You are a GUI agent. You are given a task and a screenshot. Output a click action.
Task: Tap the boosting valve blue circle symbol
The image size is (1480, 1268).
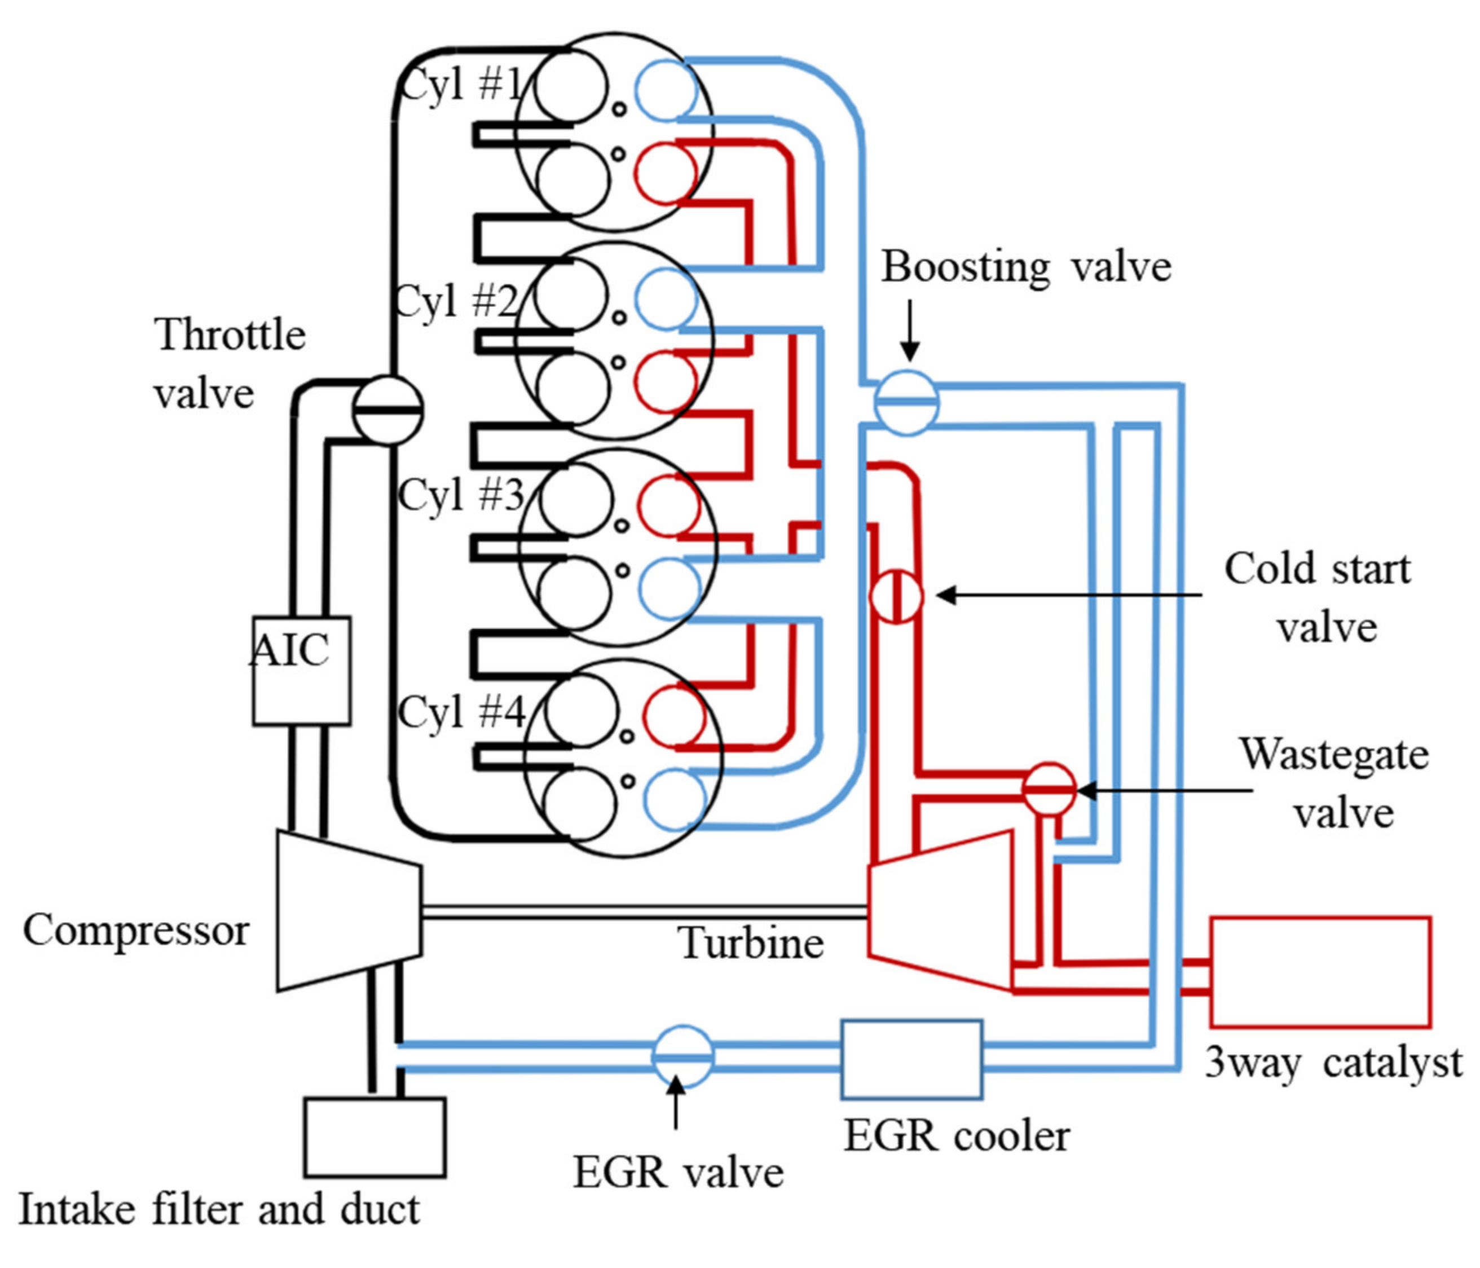(x=906, y=402)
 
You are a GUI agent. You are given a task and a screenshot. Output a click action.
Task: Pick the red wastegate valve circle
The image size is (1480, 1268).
(x=1049, y=789)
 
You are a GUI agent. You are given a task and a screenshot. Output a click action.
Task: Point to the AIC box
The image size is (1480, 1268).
(x=301, y=670)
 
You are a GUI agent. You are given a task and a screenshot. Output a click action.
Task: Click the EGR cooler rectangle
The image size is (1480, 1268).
(x=911, y=1059)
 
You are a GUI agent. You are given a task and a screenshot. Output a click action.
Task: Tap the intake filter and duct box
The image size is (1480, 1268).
(x=375, y=1137)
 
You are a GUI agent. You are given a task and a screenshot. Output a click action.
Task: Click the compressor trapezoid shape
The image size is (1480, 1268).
(x=348, y=911)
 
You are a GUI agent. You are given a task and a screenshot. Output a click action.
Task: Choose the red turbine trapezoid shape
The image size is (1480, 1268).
(x=939, y=911)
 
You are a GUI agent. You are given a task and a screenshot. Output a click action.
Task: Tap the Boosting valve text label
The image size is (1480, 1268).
(x=1026, y=268)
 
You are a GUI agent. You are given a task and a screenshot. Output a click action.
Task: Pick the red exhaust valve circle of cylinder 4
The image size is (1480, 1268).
(x=673, y=716)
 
